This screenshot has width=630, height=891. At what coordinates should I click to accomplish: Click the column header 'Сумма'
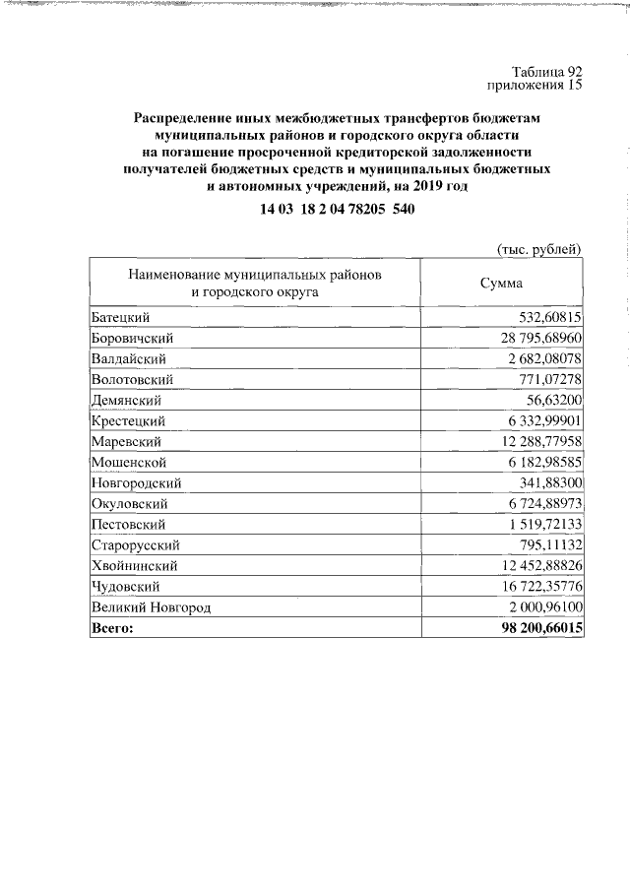(501, 284)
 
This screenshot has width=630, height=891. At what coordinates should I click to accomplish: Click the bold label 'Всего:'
(110, 627)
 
